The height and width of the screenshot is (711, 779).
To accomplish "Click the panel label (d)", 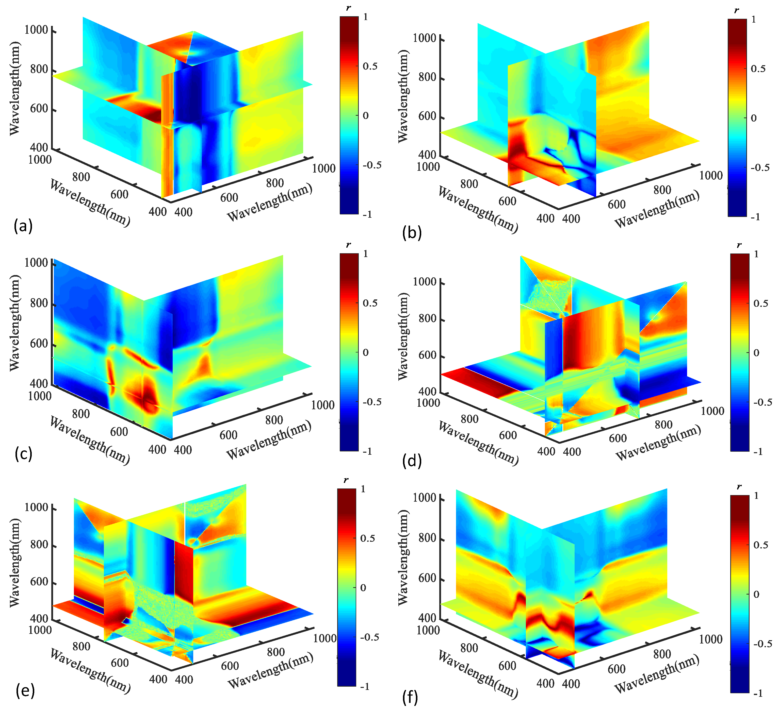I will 412,461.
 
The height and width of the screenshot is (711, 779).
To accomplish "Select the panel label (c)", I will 23,454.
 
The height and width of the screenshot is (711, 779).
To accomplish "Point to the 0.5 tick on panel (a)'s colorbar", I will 370,66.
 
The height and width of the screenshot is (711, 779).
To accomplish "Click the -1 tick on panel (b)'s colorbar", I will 755,217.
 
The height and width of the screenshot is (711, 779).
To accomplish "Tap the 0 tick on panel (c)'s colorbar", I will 366,352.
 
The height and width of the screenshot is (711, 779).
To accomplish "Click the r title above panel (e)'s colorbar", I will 346,480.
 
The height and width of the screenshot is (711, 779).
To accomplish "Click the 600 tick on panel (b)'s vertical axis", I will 427,116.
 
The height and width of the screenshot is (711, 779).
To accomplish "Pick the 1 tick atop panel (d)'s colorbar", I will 756,254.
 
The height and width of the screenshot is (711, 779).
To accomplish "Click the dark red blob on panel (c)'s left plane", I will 143,396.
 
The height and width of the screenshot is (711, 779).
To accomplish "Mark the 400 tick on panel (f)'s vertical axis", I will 427,618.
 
